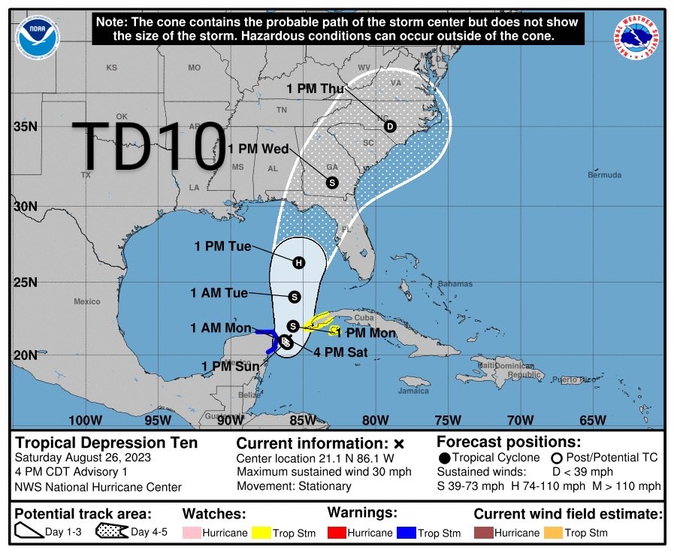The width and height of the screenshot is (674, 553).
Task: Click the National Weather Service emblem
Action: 639,38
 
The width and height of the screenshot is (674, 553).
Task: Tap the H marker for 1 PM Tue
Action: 298,262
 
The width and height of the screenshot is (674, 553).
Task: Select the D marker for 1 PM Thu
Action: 390,126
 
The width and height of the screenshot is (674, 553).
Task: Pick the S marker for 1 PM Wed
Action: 332,182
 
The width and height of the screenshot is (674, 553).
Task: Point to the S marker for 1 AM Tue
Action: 294,297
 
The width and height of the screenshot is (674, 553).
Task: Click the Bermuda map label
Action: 604,175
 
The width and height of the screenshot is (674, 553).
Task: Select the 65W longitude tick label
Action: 592,419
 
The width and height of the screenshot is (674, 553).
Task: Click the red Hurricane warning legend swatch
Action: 339,533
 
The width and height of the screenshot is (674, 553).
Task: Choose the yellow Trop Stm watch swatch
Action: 261,533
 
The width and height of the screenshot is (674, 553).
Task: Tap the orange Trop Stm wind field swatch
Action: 555,533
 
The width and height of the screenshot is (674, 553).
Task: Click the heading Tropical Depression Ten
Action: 106,443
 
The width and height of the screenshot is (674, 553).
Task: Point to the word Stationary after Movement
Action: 324,486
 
